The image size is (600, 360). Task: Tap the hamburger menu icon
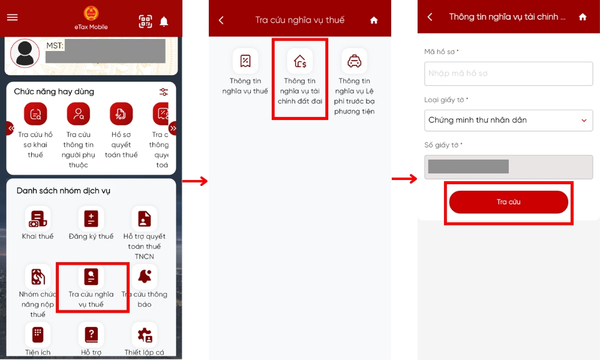coord(12,17)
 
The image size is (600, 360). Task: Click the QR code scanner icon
coord(145,22)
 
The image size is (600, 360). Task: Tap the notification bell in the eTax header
coord(164,22)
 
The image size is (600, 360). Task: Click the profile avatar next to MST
coord(25,53)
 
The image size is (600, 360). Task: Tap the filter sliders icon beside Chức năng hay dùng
coord(164,92)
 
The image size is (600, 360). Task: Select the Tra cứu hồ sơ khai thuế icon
coord(35,114)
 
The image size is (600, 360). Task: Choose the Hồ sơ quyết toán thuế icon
coord(121,114)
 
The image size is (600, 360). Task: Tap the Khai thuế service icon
coord(38,218)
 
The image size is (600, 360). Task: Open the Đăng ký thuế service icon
coord(91,218)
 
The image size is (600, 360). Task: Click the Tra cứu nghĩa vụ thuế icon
coord(91,277)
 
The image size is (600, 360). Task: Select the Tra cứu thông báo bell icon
coord(145,277)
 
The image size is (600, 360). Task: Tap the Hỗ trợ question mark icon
coord(91,334)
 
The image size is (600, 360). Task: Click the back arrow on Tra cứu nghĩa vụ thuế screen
coord(221,20)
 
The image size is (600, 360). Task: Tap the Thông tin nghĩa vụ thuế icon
coord(245,61)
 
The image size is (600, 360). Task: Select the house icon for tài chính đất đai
coord(299,61)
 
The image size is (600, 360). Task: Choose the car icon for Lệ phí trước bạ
coord(354,61)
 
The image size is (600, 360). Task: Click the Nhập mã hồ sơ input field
coord(508,74)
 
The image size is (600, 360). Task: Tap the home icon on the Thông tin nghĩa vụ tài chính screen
coord(583,17)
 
